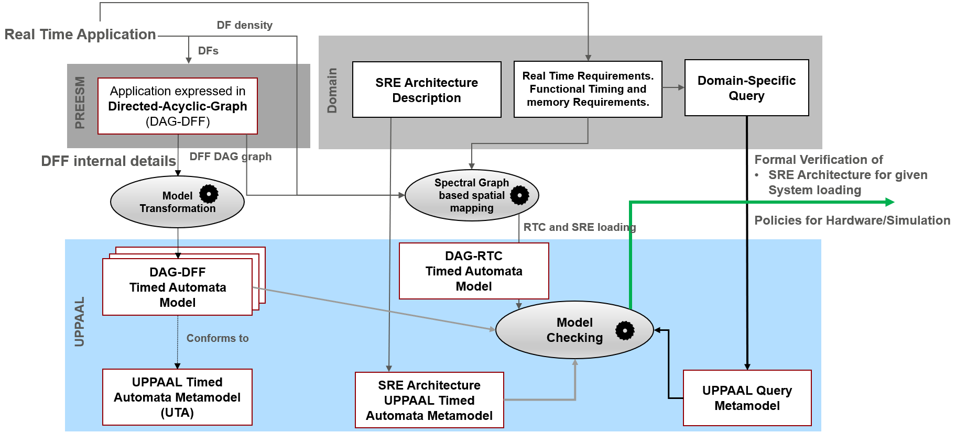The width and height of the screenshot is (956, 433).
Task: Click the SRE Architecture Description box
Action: (427, 90)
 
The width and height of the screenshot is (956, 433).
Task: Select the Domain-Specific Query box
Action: (746, 87)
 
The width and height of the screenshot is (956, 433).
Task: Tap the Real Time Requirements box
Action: (588, 89)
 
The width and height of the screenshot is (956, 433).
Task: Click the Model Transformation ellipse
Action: (177, 202)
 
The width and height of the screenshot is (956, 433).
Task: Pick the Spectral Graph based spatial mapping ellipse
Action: (472, 195)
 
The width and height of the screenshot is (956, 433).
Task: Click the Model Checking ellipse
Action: (574, 330)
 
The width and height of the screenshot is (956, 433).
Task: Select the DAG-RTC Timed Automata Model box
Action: (474, 271)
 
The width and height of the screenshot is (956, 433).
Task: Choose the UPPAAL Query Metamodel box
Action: (747, 398)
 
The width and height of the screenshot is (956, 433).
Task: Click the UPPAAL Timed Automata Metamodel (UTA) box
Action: (177, 397)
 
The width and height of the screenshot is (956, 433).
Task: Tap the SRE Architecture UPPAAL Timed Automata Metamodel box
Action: (429, 400)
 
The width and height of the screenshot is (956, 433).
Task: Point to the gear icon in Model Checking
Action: (625, 330)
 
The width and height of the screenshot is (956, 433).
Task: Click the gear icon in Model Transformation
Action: (209, 194)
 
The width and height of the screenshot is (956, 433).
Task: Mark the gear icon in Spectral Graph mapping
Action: (519, 195)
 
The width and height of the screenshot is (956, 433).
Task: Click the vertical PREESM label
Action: (80, 103)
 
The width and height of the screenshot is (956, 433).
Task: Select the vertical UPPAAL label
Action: (79, 322)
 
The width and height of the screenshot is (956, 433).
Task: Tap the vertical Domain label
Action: (332, 90)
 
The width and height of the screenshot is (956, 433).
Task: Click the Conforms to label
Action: (218, 338)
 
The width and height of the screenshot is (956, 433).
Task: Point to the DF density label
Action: (245, 25)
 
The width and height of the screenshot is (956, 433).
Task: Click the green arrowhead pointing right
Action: (889, 202)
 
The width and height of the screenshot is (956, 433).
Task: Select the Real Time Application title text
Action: (80, 35)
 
